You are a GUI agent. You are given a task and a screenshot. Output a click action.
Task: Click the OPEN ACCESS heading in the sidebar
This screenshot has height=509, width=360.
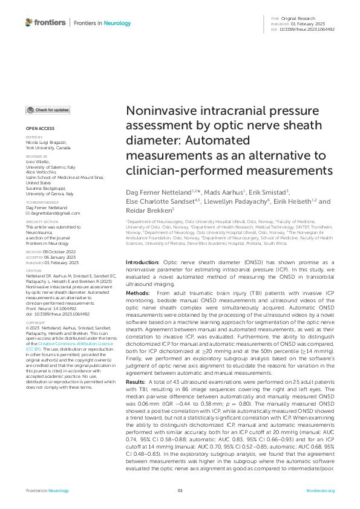click(x=39, y=129)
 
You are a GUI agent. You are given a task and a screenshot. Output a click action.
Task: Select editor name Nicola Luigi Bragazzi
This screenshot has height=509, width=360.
click(x=51, y=143)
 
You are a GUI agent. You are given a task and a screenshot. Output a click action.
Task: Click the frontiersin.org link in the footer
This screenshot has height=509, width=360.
click(x=321, y=491)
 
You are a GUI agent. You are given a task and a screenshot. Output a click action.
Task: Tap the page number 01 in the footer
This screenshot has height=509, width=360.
click(x=180, y=491)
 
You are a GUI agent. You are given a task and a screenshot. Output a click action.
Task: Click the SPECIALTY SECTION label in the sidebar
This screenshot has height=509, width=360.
click(x=42, y=222)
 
